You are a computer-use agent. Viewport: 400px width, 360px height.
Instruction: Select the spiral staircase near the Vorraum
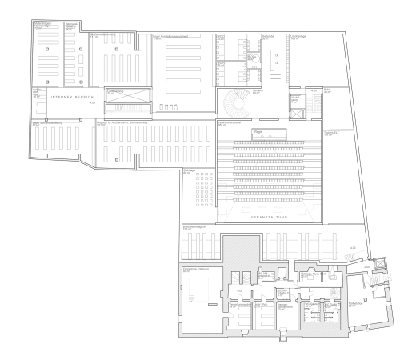(x=236, y=102)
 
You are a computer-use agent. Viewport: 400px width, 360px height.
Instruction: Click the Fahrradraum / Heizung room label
(x=196, y=270)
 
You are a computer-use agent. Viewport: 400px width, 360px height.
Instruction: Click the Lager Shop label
(x=261, y=304)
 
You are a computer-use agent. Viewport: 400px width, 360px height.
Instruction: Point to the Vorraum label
(x=258, y=90)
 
